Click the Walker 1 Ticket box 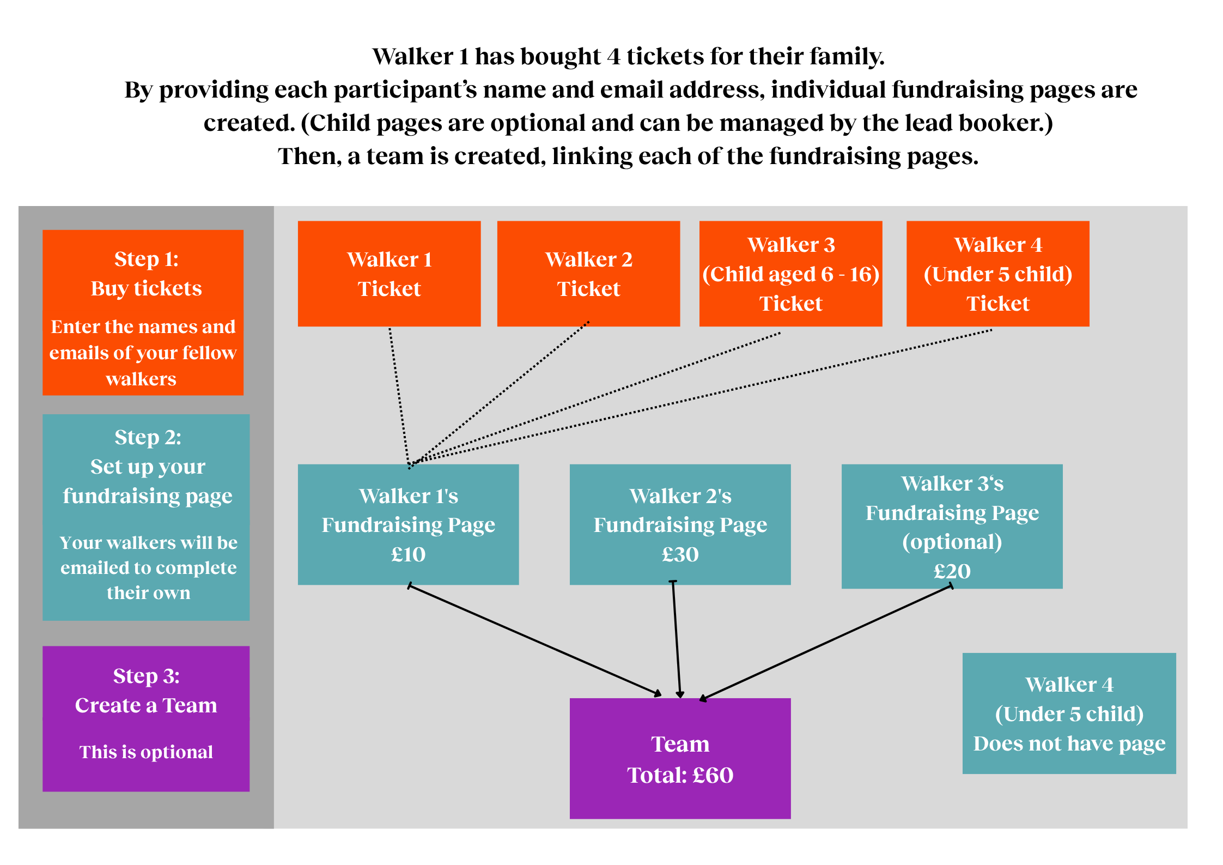(389, 274)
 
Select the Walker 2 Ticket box (588, 274)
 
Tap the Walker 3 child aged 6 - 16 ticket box (790, 274)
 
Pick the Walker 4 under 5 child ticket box (997, 274)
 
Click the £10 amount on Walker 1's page (408, 554)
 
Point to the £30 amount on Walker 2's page (680, 554)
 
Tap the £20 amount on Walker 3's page (952, 571)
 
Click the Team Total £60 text (680, 775)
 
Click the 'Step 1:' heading (146, 259)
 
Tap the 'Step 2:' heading (148, 437)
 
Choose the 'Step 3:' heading (146, 676)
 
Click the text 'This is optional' (146, 752)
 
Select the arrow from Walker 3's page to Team (825, 642)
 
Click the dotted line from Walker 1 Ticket (399, 396)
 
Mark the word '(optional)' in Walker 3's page (952, 542)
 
